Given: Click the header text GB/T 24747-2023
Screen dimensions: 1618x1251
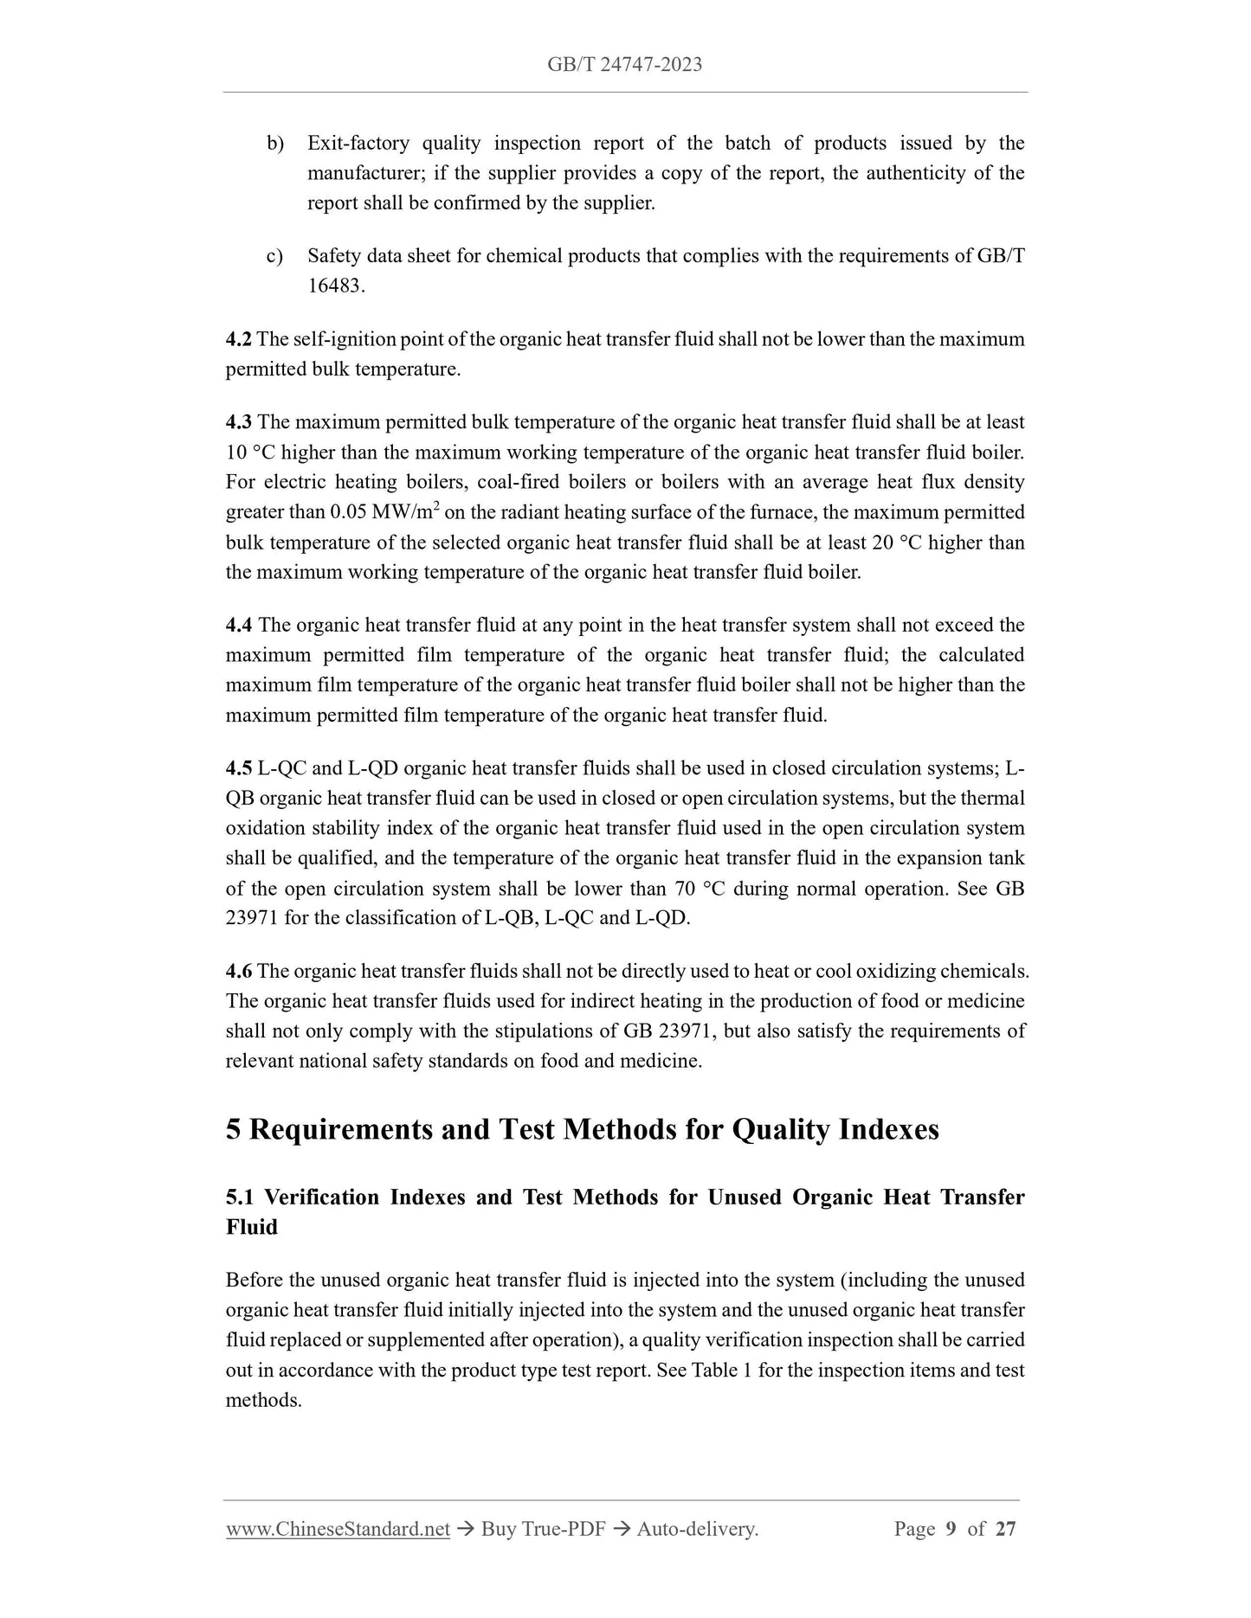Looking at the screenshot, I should tap(624, 64).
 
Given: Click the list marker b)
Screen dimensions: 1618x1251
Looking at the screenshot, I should tap(275, 144).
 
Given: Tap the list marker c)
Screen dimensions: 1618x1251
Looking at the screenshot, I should tap(274, 256).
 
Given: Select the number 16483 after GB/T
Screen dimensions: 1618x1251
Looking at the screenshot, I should tap(334, 286).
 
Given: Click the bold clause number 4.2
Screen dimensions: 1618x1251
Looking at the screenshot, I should tap(239, 339).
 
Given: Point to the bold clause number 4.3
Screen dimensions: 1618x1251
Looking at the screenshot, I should tap(239, 422).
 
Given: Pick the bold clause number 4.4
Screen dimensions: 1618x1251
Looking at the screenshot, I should tap(239, 625).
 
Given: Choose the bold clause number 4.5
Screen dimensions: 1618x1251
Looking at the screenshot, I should tap(239, 768).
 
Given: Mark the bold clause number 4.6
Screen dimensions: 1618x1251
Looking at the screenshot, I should tap(239, 971).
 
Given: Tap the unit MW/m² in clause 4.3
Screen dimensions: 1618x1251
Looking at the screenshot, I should tap(405, 512).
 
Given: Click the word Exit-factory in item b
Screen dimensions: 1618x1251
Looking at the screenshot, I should tap(358, 144).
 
